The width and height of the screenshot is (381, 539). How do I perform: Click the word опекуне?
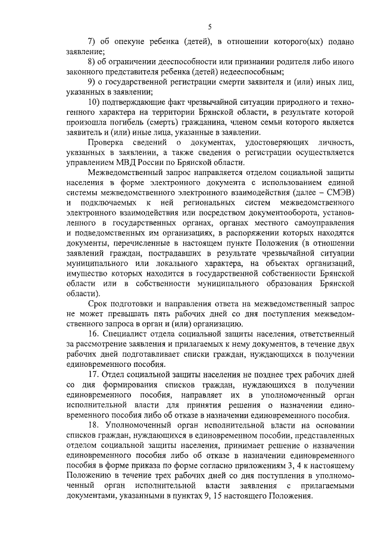coord(126,42)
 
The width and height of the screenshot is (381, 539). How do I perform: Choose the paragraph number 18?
coord(93,425)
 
